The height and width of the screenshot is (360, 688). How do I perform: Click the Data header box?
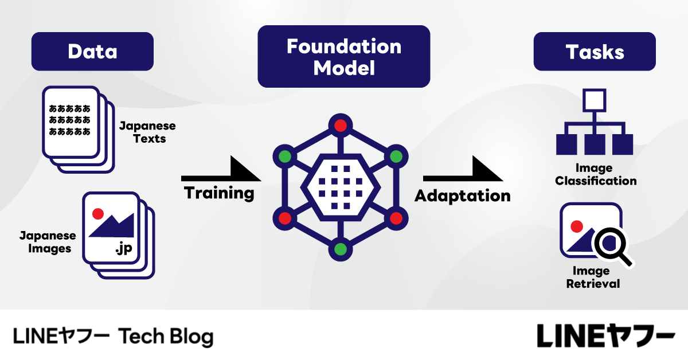92,52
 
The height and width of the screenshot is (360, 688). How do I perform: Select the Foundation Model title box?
343,57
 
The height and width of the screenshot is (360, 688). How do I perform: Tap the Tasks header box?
595,52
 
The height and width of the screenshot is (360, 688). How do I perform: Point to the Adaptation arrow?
462,172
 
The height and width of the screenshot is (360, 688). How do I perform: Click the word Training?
219,193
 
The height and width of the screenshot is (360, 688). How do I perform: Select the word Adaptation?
462,195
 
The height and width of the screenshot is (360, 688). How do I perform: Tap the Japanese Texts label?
147,132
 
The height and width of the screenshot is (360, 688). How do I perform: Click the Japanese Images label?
47,242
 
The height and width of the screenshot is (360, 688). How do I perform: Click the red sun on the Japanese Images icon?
97,213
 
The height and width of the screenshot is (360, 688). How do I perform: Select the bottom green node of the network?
341,249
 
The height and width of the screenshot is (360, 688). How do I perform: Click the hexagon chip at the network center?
341,187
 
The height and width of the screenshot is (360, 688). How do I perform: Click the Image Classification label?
596,175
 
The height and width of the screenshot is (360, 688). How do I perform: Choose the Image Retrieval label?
593,277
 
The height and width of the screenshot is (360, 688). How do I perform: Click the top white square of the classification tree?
595,100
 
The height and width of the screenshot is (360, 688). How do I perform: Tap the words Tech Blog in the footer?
166,336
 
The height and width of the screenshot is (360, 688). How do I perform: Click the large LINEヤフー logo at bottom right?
605,335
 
